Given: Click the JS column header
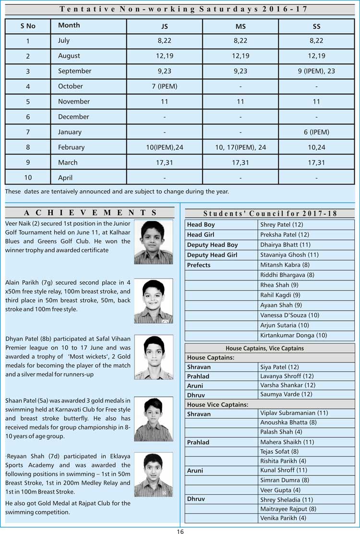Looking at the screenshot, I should (x=165, y=26).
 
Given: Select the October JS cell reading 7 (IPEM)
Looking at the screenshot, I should (x=165, y=86).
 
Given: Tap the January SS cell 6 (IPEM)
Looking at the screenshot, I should (x=316, y=132).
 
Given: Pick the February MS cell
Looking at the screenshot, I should (x=240, y=147).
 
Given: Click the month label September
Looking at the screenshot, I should (x=74, y=71).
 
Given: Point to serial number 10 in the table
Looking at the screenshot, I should (x=28, y=178).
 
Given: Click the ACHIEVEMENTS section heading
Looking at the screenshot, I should (x=90, y=213).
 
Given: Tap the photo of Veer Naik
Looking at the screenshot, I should (x=153, y=242).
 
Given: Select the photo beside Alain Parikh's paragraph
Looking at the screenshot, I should (x=153, y=301).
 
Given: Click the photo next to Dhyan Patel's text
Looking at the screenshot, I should (x=153, y=357).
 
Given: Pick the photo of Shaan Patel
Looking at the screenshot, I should (x=153, y=419).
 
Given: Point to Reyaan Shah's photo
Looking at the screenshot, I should (x=153, y=474).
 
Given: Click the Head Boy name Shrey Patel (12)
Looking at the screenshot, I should (x=281, y=225).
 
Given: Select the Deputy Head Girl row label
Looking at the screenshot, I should (x=212, y=255).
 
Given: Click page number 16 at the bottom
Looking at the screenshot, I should (x=180, y=531).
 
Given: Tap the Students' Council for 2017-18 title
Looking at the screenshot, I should (x=270, y=214).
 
